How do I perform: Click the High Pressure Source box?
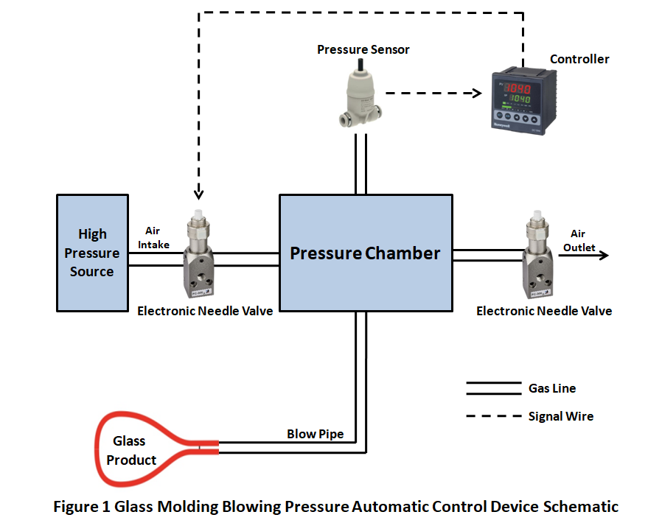point(92,253)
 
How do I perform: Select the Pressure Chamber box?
point(365,253)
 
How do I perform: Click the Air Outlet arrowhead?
point(604,256)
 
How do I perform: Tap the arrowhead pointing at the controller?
point(475,94)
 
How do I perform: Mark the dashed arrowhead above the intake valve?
point(198,194)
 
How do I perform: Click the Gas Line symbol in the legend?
point(492,387)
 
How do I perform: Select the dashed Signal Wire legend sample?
point(492,416)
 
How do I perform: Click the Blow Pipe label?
point(315,434)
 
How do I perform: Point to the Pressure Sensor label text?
point(363,49)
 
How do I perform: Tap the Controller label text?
point(579,59)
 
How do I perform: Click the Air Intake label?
point(157,238)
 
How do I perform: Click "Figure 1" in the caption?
point(80,507)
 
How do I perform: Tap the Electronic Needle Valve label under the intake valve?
point(205,311)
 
